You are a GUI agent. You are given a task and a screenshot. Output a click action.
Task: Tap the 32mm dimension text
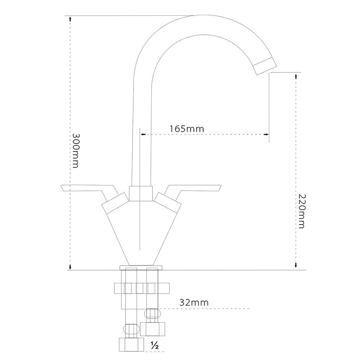click(x=194, y=302)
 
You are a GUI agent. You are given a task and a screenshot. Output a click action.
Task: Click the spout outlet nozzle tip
click(x=265, y=67)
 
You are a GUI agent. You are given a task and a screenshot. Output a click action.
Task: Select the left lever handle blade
click(x=86, y=189)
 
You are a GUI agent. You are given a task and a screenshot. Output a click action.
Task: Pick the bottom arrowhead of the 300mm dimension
click(x=71, y=267)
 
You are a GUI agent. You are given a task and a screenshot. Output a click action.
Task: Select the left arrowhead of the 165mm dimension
click(x=143, y=134)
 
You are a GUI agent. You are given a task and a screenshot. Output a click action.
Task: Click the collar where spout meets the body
click(x=140, y=193)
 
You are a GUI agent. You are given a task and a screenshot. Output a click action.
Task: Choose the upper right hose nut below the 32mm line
click(x=153, y=328)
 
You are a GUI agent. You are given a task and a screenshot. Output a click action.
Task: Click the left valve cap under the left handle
click(x=115, y=204)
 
